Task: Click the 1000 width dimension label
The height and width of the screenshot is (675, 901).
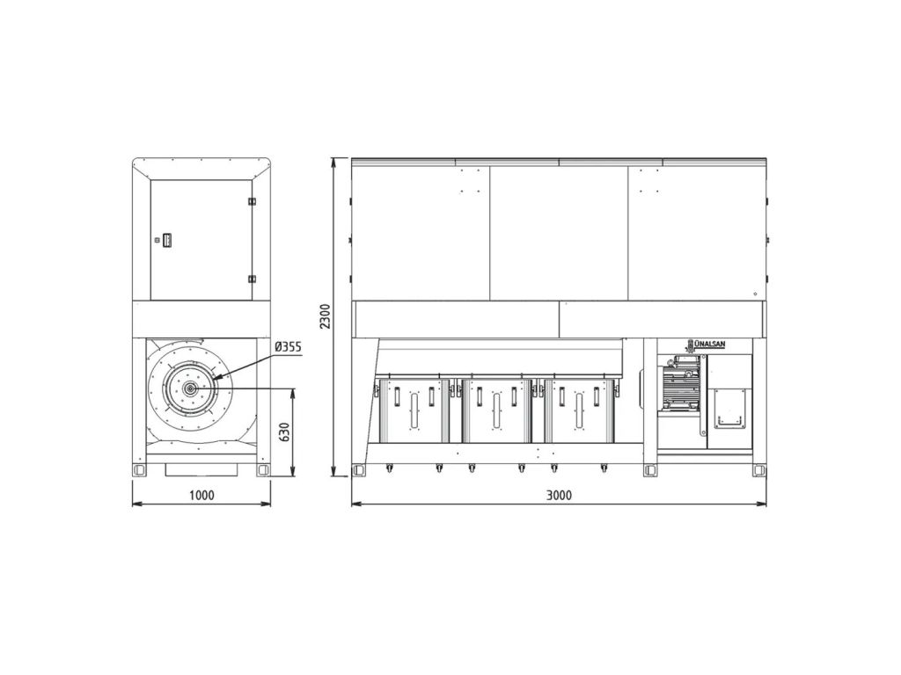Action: [201, 495]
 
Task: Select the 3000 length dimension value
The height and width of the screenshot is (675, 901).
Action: [558, 495]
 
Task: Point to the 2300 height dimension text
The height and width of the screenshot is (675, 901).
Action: [326, 316]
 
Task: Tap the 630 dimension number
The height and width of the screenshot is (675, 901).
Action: [284, 432]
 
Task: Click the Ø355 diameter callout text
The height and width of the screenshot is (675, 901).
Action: [288, 346]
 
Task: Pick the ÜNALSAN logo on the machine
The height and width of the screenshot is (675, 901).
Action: [707, 345]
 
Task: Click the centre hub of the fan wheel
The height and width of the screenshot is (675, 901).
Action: [189, 388]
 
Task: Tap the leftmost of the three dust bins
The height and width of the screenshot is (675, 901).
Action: [414, 411]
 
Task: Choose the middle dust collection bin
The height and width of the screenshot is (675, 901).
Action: [496, 411]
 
